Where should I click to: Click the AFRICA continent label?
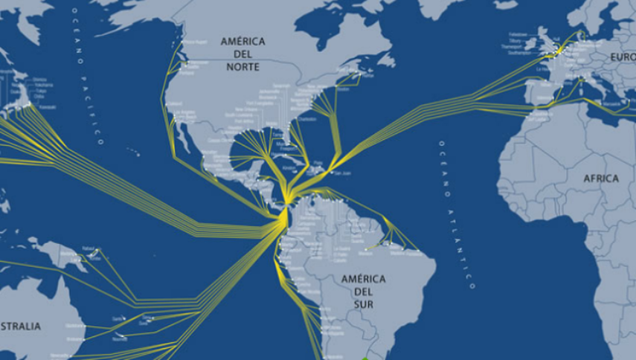(x=601, y=179)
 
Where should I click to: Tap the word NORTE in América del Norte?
(x=243, y=66)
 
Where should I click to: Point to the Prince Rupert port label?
(x=194, y=42)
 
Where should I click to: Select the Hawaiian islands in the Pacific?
(x=133, y=153)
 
